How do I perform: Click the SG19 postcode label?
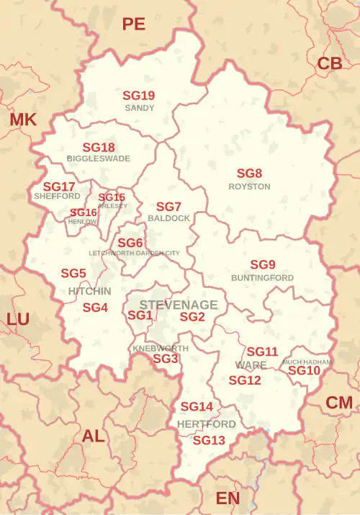click(x=138, y=95)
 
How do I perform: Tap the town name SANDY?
click(x=139, y=108)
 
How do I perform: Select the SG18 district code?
click(x=99, y=147)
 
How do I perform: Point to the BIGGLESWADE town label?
click(x=99, y=158)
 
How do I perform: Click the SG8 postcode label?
click(x=249, y=174)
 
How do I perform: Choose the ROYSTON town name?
click(x=249, y=187)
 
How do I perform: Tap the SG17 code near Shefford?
click(x=59, y=186)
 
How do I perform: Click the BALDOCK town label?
click(x=168, y=218)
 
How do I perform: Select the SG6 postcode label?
click(x=130, y=243)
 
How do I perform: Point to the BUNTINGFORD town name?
click(x=262, y=277)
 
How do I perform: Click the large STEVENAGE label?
click(x=178, y=305)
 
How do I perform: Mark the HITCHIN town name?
click(x=89, y=291)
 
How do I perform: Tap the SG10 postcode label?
click(x=304, y=370)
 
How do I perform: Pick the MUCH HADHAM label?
click(x=307, y=362)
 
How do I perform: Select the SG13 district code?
click(x=209, y=440)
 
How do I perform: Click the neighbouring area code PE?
click(x=133, y=24)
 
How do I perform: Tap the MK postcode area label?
click(x=22, y=120)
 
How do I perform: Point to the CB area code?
click(x=329, y=64)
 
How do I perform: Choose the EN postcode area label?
click(x=228, y=498)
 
